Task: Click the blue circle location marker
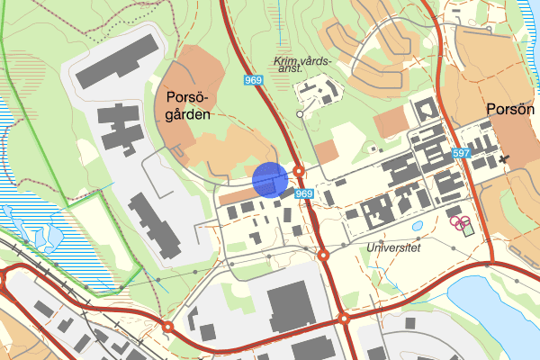pos(269,178)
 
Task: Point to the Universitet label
pos(393,246)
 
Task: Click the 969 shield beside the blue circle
pos(304,194)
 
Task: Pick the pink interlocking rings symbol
pos(458,220)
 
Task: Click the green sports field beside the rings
pos(467,226)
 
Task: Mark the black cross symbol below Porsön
pos(503,159)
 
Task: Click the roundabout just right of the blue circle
pos(299,170)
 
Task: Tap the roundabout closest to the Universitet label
pos(323,256)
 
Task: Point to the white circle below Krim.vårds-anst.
pos(301,115)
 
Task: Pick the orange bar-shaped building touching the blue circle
pos(238,195)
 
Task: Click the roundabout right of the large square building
pos(343,318)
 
